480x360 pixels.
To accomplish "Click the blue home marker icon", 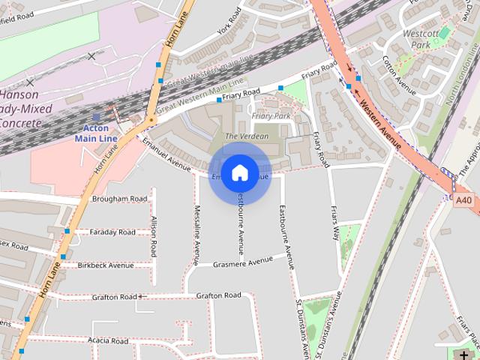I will pyautogui.click(x=239, y=173).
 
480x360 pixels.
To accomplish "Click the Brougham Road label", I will pyautogui.click(x=119, y=199).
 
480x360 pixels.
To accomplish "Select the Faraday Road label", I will pyautogui.click(x=112, y=232).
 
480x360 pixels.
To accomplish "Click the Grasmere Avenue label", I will pyautogui.click(x=243, y=262).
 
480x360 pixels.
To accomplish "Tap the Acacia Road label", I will pyautogui.click(x=109, y=340).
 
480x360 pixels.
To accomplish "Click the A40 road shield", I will pyautogui.click(x=464, y=200).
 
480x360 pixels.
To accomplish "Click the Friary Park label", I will pyautogui.click(x=271, y=116).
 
